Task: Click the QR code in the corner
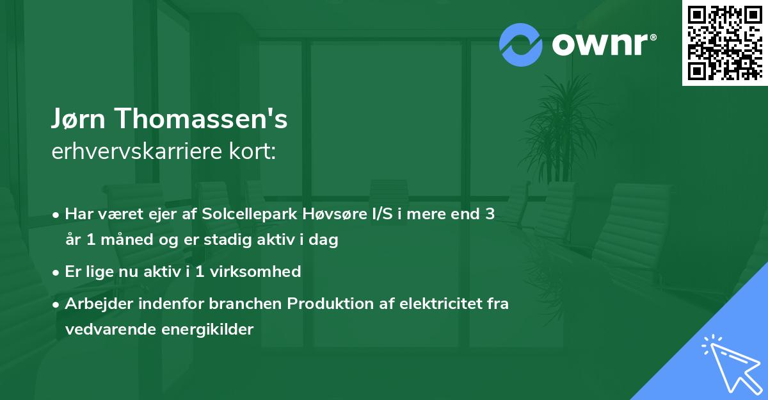point(725,42)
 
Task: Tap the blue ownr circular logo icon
point(521,45)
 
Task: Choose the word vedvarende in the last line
point(106,329)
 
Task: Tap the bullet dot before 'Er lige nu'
point(57,272)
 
